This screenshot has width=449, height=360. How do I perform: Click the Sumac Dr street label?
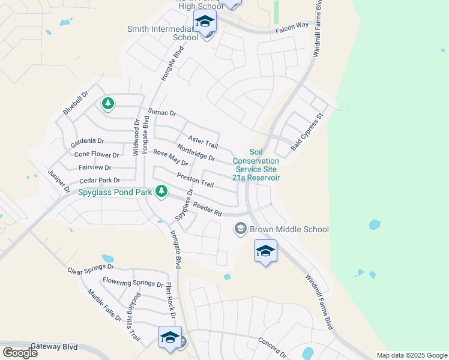click(162, 112)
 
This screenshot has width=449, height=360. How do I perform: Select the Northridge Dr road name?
click(196, 152)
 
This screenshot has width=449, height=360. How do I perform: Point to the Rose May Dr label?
click(170, 158)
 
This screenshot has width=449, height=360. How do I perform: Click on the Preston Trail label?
click(195, 179)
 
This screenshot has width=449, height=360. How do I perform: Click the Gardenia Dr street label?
click(87, 142)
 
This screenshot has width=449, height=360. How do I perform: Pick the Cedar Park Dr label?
click(100, 180)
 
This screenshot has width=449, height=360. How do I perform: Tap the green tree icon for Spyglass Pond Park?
click(161, 191)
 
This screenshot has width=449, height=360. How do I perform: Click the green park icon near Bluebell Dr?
click(108, 104)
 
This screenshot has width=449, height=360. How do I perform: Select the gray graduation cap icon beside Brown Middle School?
click(241, 229)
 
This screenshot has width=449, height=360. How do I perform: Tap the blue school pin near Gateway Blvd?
click(170, 337)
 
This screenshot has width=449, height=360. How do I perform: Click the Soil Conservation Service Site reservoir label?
click(256, 165)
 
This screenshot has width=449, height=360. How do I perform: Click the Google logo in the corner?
click(20, 353)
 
